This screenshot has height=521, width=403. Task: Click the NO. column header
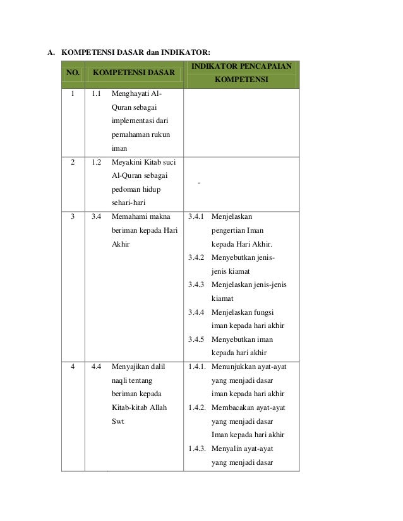[x=73, y=73]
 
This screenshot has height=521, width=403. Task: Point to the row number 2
[x=73, y=162]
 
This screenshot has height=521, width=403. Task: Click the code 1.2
[x=97, y=162]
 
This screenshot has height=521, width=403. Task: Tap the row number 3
[x=73, y=216]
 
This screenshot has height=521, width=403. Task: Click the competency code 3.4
[x=97, y=216]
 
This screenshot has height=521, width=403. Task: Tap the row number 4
[x=73, y=366]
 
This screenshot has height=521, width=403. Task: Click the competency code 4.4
[x=97, y=366]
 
